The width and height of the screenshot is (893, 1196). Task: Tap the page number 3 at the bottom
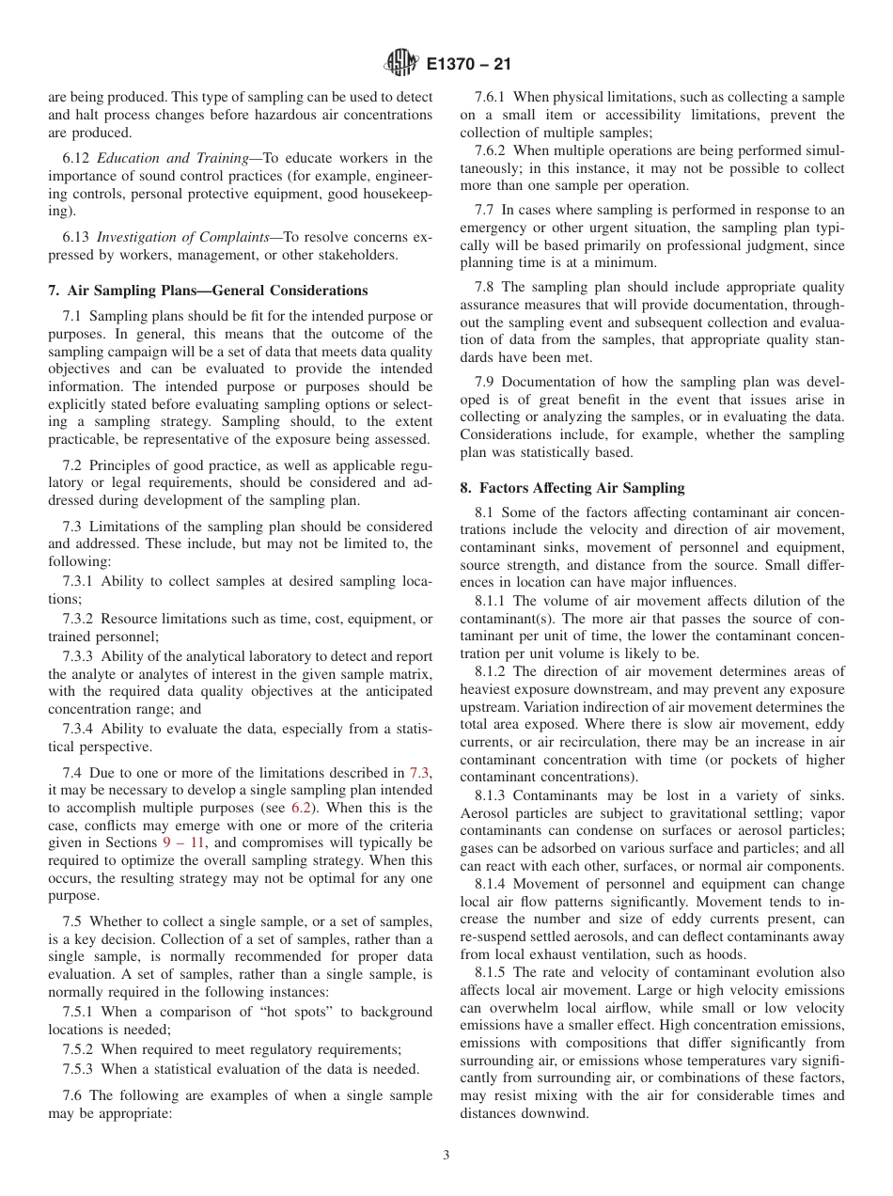[x=446, y=1156]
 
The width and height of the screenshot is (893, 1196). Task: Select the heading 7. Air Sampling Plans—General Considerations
[x=208, y=291]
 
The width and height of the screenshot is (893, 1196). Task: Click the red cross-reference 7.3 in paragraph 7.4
[x=420, y=772]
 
